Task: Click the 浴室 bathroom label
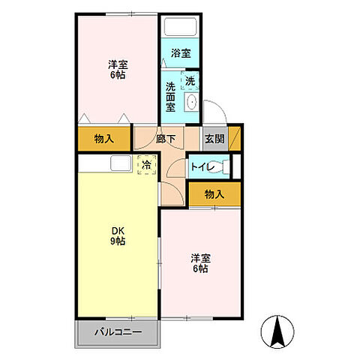click(x=180, y=54)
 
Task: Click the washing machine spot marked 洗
click(x=190, y=81)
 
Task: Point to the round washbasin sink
click(x=191, y=103)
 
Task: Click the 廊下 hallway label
click(x=166, y=138)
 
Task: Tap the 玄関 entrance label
click(x=214, y=138)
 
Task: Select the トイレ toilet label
click(x=200, y=167)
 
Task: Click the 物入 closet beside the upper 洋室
click(x=104, y=138)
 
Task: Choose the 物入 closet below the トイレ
click(x=214, y=194)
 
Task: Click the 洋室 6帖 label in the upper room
click(x=115, y=70)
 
